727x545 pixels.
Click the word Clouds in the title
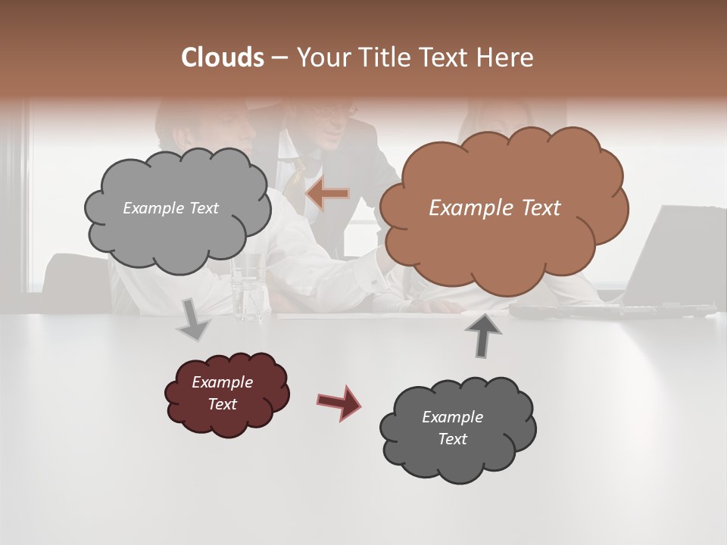tap(222, 58)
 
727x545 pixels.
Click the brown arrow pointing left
tap(327, 194)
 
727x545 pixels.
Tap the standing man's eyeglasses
tap(333, 113)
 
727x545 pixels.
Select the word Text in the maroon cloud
tap(222, 404)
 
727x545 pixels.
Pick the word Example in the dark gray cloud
tap(452, 417)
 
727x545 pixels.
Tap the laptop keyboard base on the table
tap(613, 310)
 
